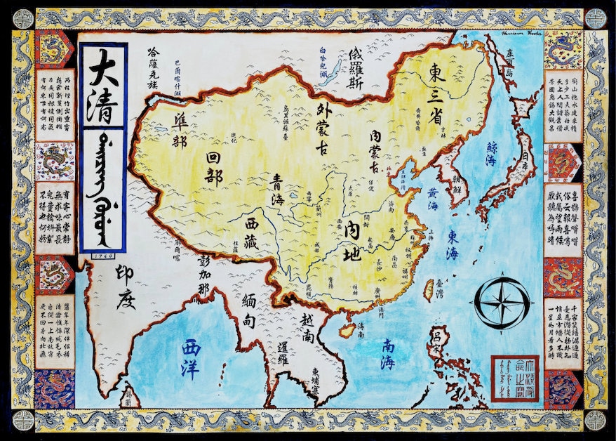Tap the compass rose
[x=502, y=303]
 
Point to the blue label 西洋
[x=190, y=358]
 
